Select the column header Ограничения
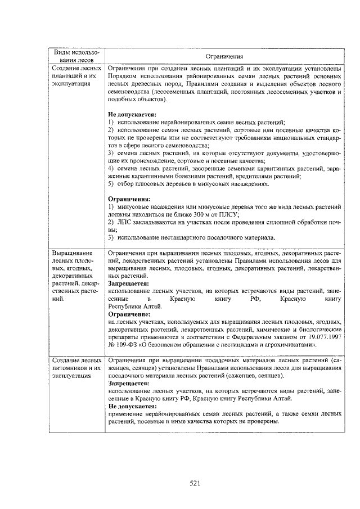[224, 56]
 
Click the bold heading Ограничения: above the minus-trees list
[129, 199]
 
